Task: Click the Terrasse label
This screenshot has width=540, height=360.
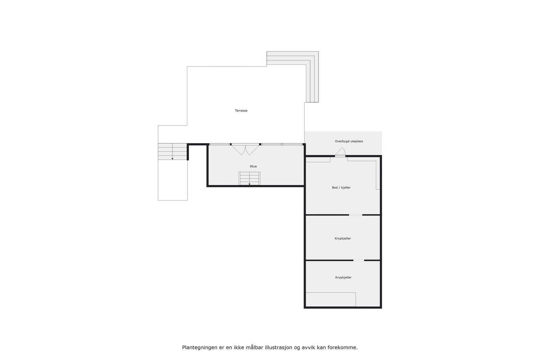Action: coord(241,111)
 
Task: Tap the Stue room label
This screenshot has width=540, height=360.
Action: coord(253,166)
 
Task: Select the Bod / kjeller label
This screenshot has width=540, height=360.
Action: coord(341,188)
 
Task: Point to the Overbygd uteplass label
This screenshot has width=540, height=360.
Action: coord(349,141)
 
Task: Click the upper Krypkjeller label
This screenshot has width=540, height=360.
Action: coord(343,239)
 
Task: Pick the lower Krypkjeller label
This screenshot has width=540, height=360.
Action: coord(343,278)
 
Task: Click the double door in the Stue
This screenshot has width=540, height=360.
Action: coord(245,149)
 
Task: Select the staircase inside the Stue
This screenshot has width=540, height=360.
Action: coord(249,178)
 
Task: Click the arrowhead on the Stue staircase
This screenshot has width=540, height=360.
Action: coord(249,184)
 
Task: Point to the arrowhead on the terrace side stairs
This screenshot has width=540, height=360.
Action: coord(172,159)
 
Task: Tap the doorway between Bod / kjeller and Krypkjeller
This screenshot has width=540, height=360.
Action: coord(355,215)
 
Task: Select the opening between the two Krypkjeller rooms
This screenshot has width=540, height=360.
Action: coord(358,260)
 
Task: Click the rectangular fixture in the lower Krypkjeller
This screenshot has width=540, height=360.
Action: coord(330,299)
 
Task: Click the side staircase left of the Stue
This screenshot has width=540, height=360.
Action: coord(172,151)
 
